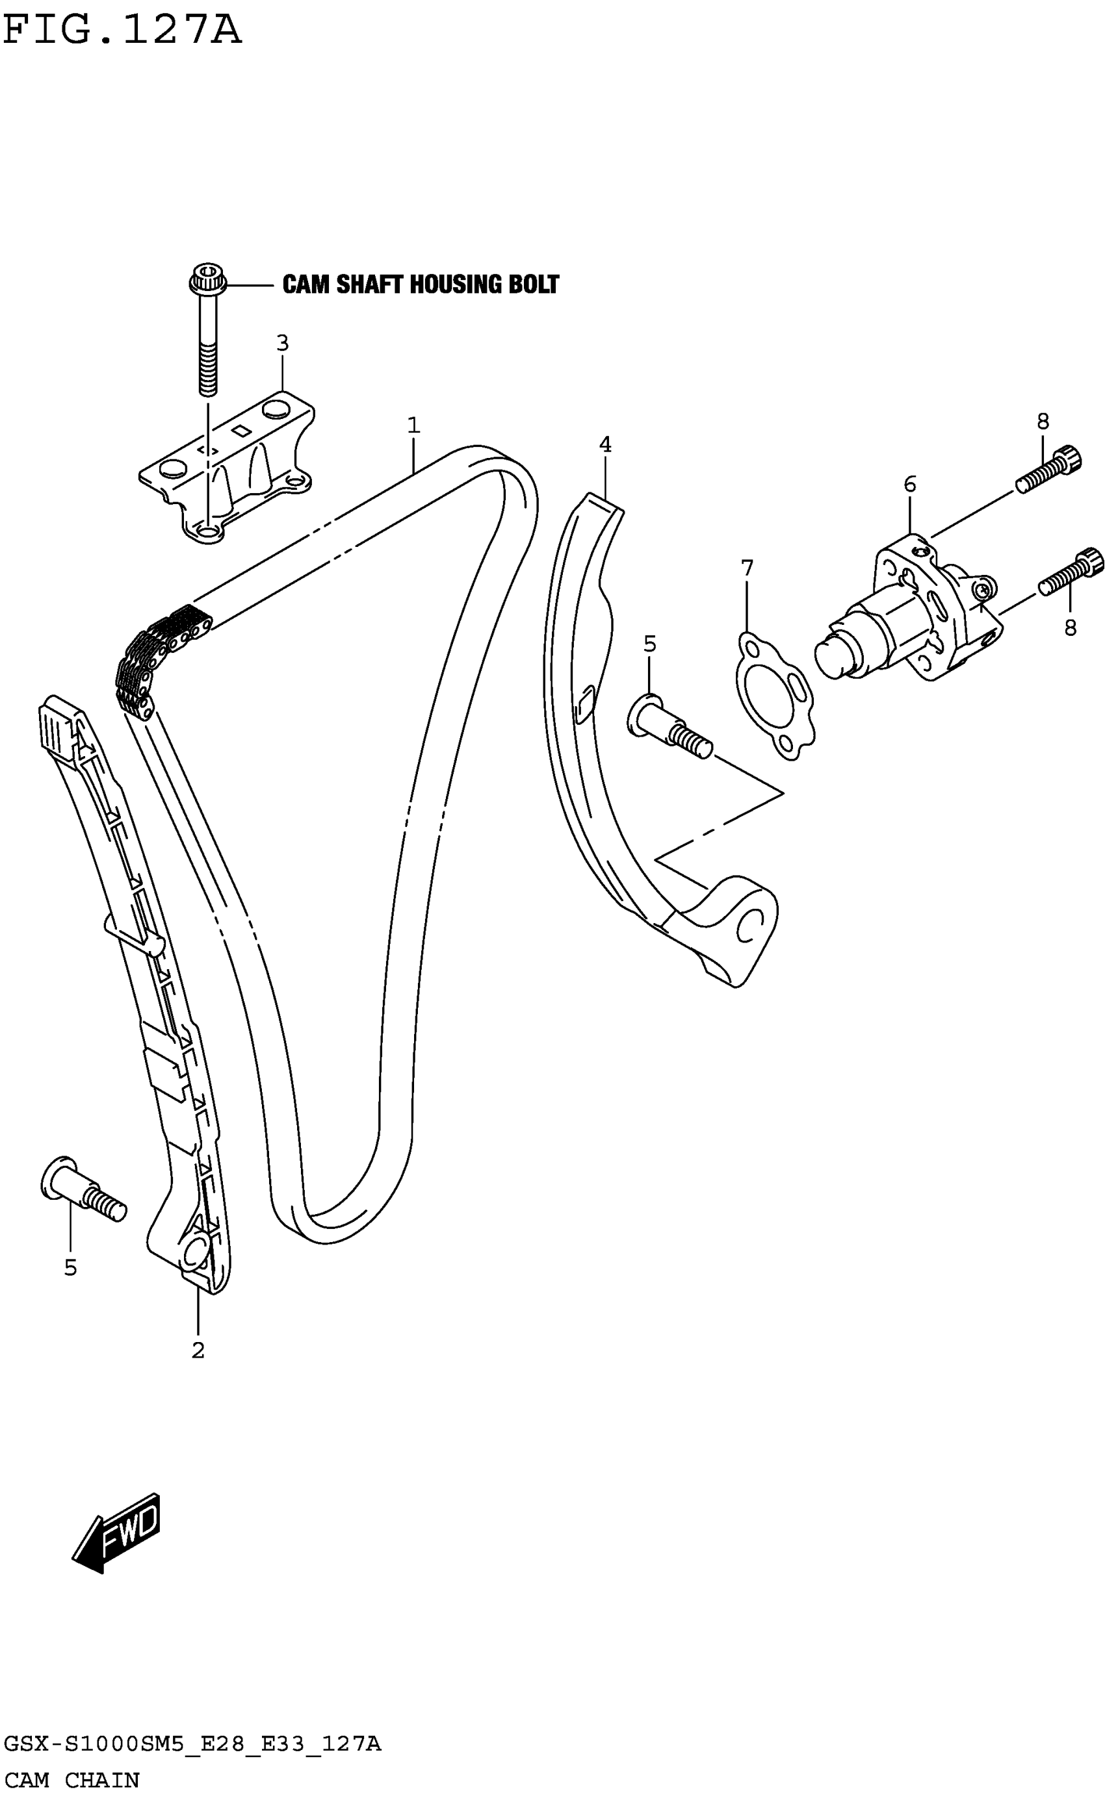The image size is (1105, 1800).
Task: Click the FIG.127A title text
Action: click(x=122, y=31)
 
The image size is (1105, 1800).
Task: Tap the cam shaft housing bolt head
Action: click(x=207, y=279)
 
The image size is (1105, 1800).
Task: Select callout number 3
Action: click(x=283, y=342)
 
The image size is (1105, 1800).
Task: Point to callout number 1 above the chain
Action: click(x=413, y=425)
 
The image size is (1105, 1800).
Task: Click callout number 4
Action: click(x=605, y=444)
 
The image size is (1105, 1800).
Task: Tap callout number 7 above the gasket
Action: click(x=747, y=568)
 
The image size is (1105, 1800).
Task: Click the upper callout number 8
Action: click(x=1043, y=422)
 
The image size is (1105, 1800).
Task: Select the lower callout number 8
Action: click(x=1070, y=627)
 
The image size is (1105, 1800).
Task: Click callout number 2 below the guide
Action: click(x=198, y=1350)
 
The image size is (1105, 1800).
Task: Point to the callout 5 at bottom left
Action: click(x=70, y=1267)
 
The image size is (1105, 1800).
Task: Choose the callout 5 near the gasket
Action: click(x=650, y=644)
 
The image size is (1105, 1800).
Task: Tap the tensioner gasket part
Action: click(x=775, y=697)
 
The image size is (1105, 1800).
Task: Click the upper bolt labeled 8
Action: click(x=1048, y=471)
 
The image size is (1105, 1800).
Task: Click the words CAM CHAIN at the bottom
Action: click(x=71, y=1781)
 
